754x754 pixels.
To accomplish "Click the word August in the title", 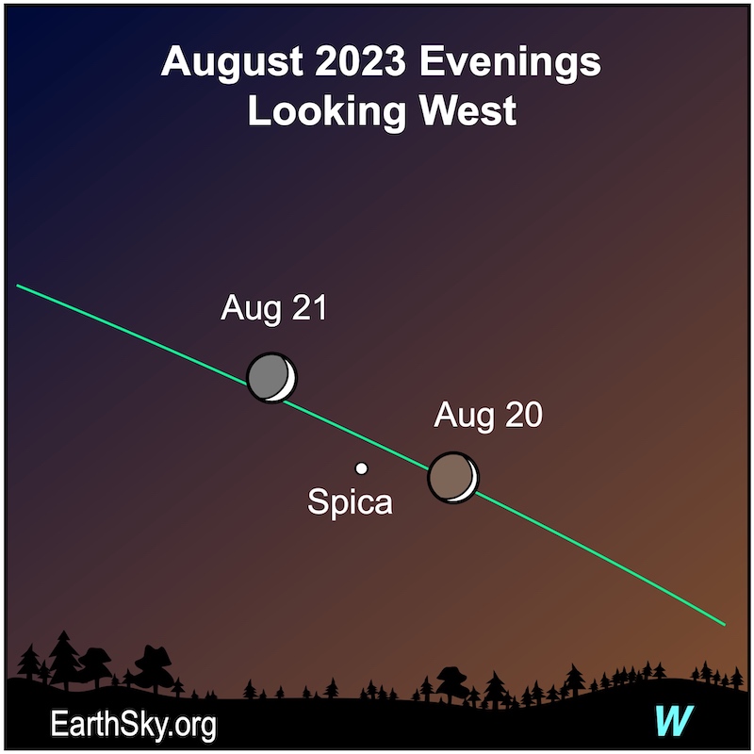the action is point(232,62).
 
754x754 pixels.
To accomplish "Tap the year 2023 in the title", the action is point(361,61).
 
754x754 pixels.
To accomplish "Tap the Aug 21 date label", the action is point(273,308).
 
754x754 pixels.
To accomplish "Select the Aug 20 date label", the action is point(487,415).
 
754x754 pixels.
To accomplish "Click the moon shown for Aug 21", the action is point(271,378).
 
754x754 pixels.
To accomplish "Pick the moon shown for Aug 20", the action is point(453,477).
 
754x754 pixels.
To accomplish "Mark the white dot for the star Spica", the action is point(361,467).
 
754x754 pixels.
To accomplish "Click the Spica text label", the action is point(350,502).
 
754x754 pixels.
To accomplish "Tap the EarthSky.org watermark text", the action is point(133,725).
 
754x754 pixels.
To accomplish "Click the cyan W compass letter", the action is point(674,720).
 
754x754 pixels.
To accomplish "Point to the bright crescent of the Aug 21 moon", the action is point(289,380).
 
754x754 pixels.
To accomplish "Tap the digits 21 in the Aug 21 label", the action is point(309,308).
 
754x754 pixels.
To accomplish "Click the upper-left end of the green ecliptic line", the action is point(17,286).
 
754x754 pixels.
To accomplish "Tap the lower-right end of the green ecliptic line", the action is point(724,625).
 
